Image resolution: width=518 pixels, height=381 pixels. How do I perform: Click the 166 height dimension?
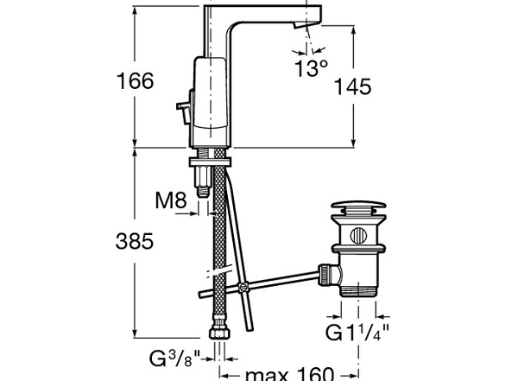point(135,81)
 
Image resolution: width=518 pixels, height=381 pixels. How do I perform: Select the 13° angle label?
point(311,68)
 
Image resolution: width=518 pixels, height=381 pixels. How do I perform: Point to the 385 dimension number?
point(135,242)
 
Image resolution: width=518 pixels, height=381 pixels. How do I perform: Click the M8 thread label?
point(171,201)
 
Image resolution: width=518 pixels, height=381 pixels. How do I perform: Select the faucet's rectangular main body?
point(211,99)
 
